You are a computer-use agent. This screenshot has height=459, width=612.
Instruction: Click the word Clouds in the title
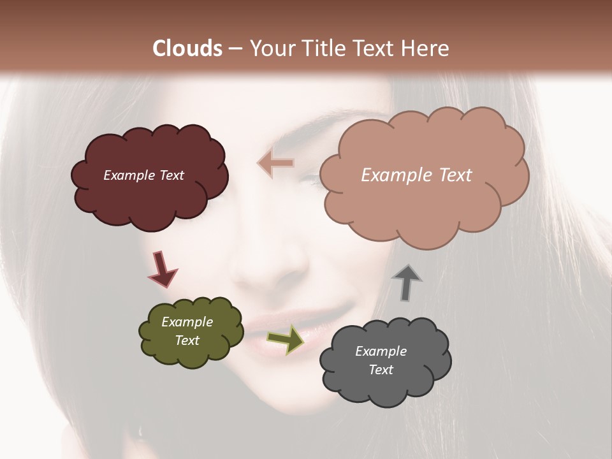tap(187, 48)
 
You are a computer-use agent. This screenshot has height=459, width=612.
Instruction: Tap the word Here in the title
tap(426, 48)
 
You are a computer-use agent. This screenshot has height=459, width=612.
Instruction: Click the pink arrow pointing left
tap(275, 163)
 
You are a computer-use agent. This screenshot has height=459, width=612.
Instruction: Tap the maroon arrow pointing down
tap(162, 269)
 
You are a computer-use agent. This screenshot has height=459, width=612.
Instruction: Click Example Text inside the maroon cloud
tap(143, 175)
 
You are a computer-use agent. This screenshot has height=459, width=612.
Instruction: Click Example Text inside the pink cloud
tap(416, 175)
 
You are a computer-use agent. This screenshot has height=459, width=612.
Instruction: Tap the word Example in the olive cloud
tap(187, 322)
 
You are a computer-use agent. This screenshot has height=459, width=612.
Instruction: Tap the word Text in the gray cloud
tap(381, 370)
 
